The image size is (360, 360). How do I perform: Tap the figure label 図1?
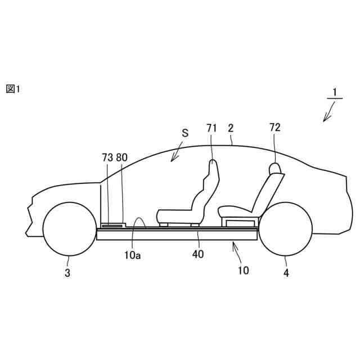pyautogui.click(x=13, y=89)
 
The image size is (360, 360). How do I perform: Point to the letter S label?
pyautogui.click(x=184, y=133)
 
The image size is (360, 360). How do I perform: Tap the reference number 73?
pyautogui.click(x=107, y=158)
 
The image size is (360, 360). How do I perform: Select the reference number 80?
pyautogui.click(x=122, y=158)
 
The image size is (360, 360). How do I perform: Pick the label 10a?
pyautogui.click(x=133, y=255)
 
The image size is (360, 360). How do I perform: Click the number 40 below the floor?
pyautogui.click(x=197, y=254)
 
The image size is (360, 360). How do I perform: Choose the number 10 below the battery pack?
pyautogui.click(x=243, y=270)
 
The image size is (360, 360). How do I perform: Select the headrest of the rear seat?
pyautogui.click(x=274, y=168)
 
